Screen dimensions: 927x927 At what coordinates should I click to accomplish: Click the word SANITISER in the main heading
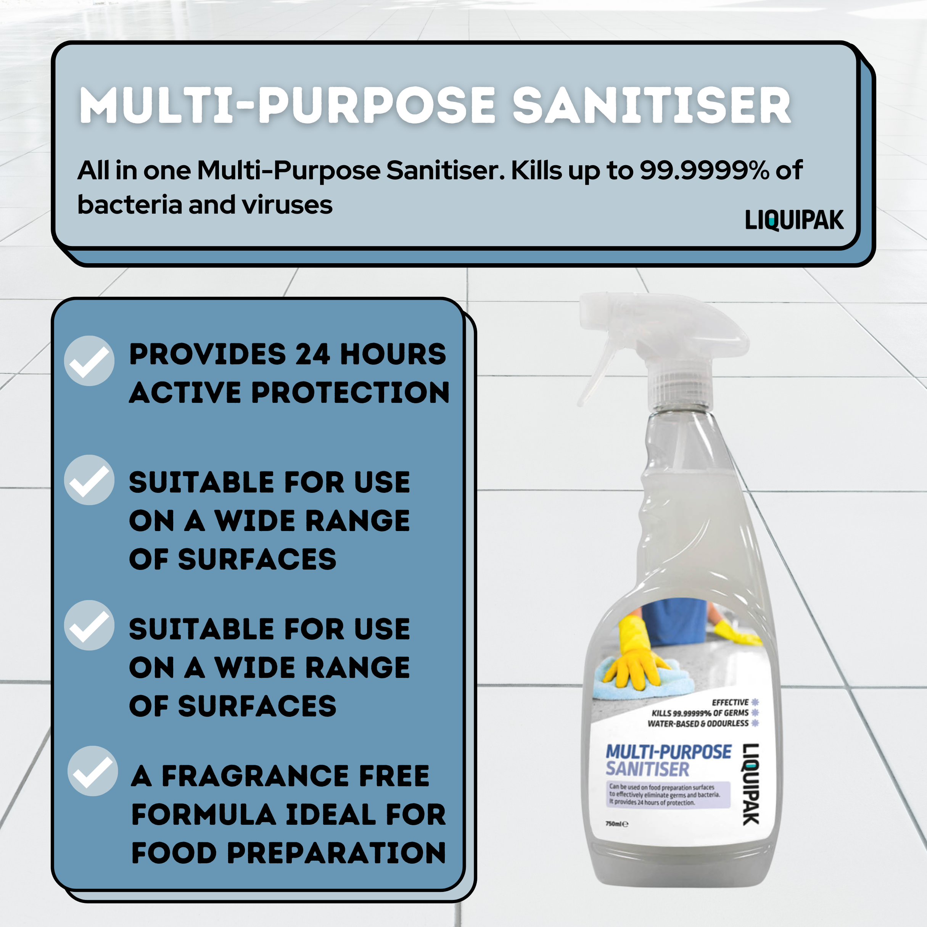coord(652,106)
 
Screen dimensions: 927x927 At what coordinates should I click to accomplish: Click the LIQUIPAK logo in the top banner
coord(794,220)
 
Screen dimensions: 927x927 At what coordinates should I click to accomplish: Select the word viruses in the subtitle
coord(287,205)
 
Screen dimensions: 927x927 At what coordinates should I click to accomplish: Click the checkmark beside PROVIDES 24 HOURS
coord(89,361)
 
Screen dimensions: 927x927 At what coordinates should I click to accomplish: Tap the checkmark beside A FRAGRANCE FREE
coord(93,771)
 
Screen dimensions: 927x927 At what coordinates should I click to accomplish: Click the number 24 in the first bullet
coord(312,354)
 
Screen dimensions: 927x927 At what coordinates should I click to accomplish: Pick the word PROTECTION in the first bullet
coord(351,393)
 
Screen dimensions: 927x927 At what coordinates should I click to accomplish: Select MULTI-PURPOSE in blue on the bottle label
coord(669,752)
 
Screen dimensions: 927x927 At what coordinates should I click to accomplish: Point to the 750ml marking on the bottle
coord(617,824)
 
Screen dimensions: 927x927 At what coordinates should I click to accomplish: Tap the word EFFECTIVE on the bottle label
coord(730,702)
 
